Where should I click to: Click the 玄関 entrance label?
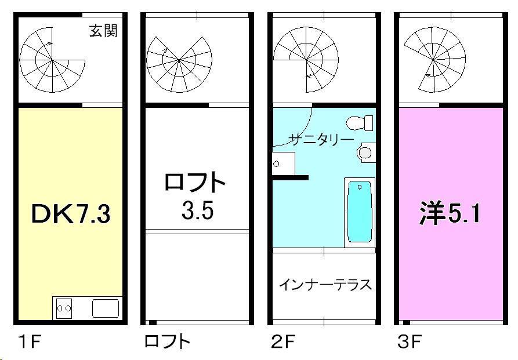click(103, 31)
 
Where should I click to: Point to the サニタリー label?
click(321, 139)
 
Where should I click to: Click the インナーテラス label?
click(325, 285)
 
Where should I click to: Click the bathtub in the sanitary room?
click(360, 212)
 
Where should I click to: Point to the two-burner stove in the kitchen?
click(64, 308)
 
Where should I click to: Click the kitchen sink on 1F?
click(105, 308)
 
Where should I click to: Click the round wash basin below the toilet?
click(365, 152)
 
